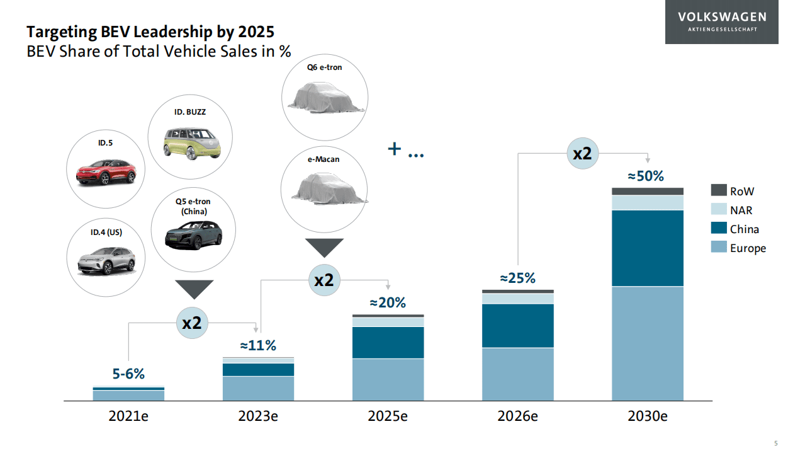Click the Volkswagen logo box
(721, 22)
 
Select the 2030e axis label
(647, 416)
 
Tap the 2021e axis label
(128, 416)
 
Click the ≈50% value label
(646, 176)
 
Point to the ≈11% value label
(258, 345)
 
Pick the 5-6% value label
(128, 374)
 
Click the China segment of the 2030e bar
(648, 248)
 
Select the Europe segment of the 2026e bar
(518, 374)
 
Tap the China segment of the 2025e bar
(388, 342)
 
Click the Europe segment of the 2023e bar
(258, 388)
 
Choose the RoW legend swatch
(719, 190)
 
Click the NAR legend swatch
(719, 210)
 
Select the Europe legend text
(748, 248)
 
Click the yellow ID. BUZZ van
(189, 142)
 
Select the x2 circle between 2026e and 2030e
(582, 153)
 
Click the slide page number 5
(775, 443)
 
